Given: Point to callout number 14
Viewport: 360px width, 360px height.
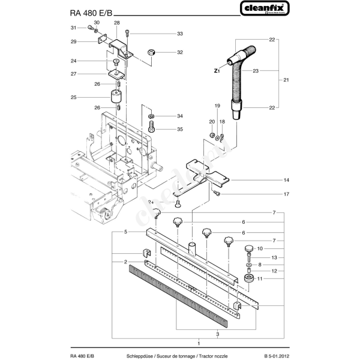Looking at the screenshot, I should coord(287,180).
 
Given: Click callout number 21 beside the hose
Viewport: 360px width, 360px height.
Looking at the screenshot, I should coord(287,80).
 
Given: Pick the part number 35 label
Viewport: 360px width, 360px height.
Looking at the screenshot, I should coord(180,128).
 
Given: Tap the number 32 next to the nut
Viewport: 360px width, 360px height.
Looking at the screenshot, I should coord(179,52).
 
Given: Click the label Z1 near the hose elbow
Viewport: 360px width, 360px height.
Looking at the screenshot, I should coord(217,71).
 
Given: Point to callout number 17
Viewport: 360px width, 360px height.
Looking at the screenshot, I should coord(287,194).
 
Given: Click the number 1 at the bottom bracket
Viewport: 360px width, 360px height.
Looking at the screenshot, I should coord(199,343).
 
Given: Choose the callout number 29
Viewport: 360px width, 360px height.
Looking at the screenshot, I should coord(73,41).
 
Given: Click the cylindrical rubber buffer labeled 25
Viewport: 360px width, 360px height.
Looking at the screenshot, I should coord(115,96).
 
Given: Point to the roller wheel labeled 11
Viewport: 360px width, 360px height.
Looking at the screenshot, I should coord(248,280).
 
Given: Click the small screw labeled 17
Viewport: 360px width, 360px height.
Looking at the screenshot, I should coord(218,194).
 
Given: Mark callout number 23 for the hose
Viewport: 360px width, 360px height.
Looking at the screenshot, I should coord(256,71).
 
